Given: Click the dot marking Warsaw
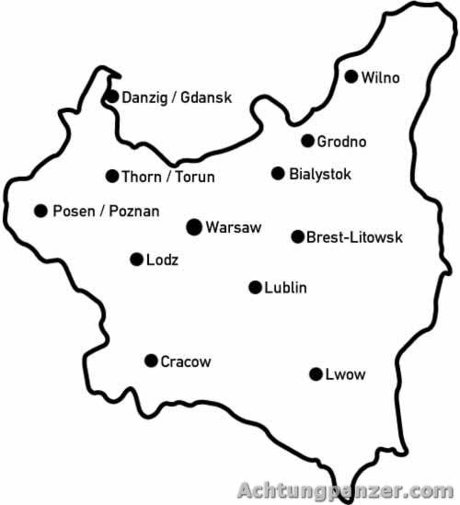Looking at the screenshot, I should pyautogui.click(x=194, y=226).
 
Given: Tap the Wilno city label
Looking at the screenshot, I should pyautogui.click(x=381, y=77).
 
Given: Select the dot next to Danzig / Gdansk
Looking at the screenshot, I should pyautogui.click(x=112, y=97).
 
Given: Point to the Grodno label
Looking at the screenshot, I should pyautogui.click(x=341, y=142).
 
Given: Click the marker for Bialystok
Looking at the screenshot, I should pyautogui.click(x=278, y=173).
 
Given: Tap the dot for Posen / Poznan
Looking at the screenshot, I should pyautogui.click(x=40, y=211).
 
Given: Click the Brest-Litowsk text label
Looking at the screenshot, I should pyautogui.click(x=354, y=237).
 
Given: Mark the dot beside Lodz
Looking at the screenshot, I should pyautogui.click(x=136, y=259).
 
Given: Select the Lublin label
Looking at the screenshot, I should pyautogui.click(x=285, y=288).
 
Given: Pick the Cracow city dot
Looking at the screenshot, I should pyautogui.click(x=151, y=361).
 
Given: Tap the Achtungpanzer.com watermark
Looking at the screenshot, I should pyautogui.click(x=344, y=490).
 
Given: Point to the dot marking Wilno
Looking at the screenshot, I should pyautogui.click(x=351, y=76).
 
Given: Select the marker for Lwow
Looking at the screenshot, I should pyautogui.click(x=316, y=373).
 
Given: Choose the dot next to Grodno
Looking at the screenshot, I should pyautogui.click(x=307, y=141).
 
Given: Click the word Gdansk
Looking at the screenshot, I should pyautogui.click(x=207, y=98).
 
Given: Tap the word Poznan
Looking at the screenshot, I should pyautogui.click(x=133, y=212).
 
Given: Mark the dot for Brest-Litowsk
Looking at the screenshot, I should pyautogui.click(x=297, y=236).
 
